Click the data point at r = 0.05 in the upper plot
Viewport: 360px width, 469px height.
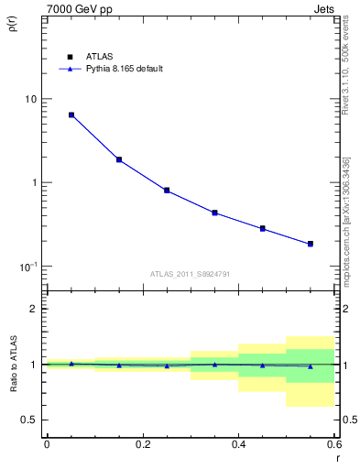[x=71, y=115]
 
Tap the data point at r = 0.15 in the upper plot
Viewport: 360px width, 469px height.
[x=119, y=159]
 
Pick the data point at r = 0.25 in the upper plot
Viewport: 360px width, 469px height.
[x=167, y=191]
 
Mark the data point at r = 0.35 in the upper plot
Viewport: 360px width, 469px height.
[x=214, y=213]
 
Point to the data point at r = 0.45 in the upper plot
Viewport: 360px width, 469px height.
[x=262, y=228]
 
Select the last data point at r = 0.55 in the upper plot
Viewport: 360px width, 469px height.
[x=310, y=244]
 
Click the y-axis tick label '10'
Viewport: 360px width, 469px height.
[x=31, y=99]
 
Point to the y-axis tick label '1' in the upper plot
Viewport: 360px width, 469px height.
[x=35, y=182]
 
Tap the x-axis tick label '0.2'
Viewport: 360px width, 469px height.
[x=142, y=443]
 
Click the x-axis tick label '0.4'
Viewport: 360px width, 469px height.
[x=238, y=443]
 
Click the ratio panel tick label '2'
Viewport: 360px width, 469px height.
[x=35, y=309]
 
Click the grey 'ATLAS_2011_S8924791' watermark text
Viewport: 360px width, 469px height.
[x=191, y=274]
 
